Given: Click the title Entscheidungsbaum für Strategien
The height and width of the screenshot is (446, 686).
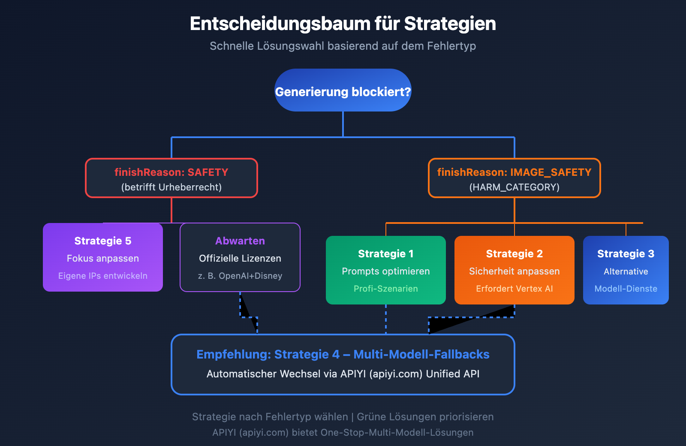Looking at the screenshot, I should coord(343,24).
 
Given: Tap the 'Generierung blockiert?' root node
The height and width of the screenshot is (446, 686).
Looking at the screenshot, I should coord(343,90).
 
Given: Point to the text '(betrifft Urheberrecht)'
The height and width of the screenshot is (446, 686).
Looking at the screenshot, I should coord(171,187).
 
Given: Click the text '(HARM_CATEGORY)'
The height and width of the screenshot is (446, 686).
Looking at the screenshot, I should coord(514,187).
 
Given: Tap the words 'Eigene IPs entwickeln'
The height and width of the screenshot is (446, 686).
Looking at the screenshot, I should coord(103,276).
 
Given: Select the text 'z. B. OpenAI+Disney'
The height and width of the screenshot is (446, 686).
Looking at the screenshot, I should coord(240,276).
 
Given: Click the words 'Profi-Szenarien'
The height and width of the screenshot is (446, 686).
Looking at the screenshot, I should coord(385,289).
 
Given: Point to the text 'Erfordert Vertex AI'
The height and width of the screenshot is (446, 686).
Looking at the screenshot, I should coord(514,289).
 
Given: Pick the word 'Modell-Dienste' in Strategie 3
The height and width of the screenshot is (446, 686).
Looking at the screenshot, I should coord(626,289).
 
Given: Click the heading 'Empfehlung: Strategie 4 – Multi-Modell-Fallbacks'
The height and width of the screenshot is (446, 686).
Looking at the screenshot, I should coord(343,354).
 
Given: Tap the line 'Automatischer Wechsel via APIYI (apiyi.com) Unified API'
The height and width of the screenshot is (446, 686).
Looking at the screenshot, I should coord(343,374).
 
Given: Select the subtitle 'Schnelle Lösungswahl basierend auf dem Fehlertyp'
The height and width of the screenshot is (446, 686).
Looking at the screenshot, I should coord(343,46).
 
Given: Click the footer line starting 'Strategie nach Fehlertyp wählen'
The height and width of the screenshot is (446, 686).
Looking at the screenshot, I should coord(343,417).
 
